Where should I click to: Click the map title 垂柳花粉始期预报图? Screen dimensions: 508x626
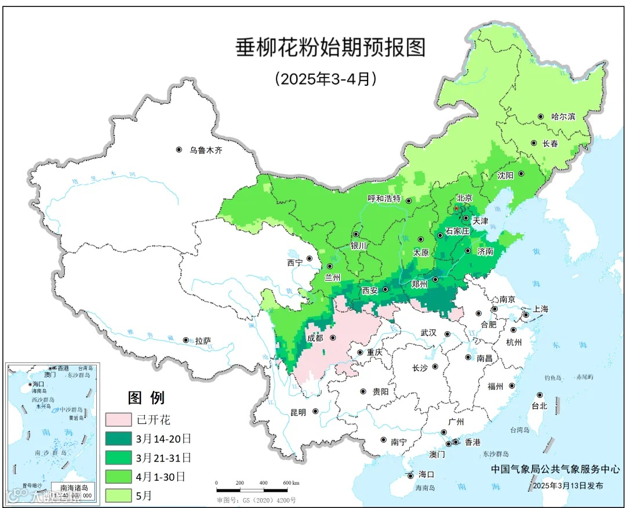pyautogui.click(x=330, y=48)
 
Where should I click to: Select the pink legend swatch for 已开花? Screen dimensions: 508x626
pyautogui.click(x=119, y=419)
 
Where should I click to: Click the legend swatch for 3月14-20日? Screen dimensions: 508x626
pyautogui.click(x=119, y=438)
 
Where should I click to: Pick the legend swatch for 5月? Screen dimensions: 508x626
pyautogui.click(x=119, y=495)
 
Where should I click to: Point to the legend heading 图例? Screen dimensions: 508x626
pyautogui.click(x=146, y=398)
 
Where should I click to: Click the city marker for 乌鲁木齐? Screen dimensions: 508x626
pyautogui.click(x=179, y=150)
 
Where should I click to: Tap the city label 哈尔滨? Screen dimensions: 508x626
pyautogui.click(x=563, y=117)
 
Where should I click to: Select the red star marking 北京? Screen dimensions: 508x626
pyautogui.click(x=456, y=208)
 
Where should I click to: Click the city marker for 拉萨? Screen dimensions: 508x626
pyautogui.click(x=185, y=340)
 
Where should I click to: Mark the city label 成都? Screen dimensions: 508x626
pyautogui.click(x=316, y=338)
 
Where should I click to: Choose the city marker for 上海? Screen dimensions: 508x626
pyautogui.click(x=526, y=315)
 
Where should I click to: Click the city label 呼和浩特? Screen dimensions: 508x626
pyautogui.click(x=384, y=198)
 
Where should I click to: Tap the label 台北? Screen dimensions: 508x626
pyautogui.click(x=539, y=406)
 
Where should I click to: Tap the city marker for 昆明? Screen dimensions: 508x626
pyautogui.click(x=315, y=412)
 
